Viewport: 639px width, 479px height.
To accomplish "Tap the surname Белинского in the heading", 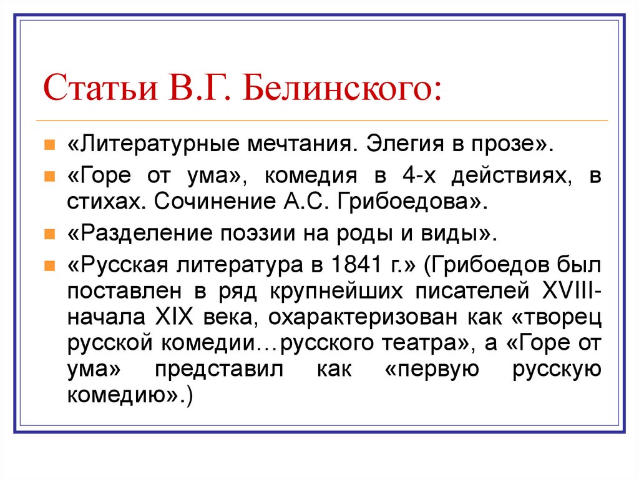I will click(340, 89).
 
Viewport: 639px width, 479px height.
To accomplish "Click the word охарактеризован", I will click(360, 318).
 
